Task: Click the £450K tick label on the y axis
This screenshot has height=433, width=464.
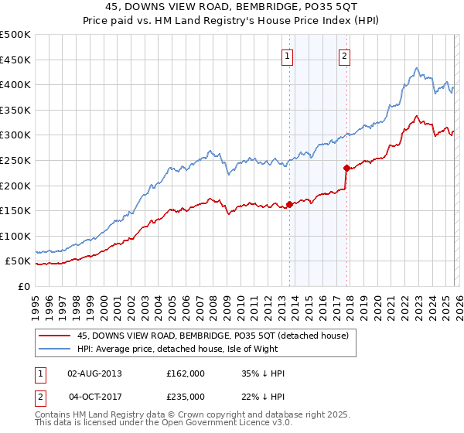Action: [15, 60]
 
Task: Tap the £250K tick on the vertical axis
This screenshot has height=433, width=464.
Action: [15, 160]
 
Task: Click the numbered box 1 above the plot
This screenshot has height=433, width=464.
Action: [288, 55]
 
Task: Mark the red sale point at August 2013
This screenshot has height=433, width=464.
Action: [289, 205]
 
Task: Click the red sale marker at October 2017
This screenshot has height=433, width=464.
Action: [346, 168]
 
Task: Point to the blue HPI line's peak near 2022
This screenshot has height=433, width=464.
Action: [416, 68]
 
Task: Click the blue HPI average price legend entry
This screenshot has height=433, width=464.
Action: [193, 349]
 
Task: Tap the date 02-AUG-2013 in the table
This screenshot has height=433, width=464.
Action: [95, 373]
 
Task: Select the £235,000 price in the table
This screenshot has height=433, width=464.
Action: [185, 397]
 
